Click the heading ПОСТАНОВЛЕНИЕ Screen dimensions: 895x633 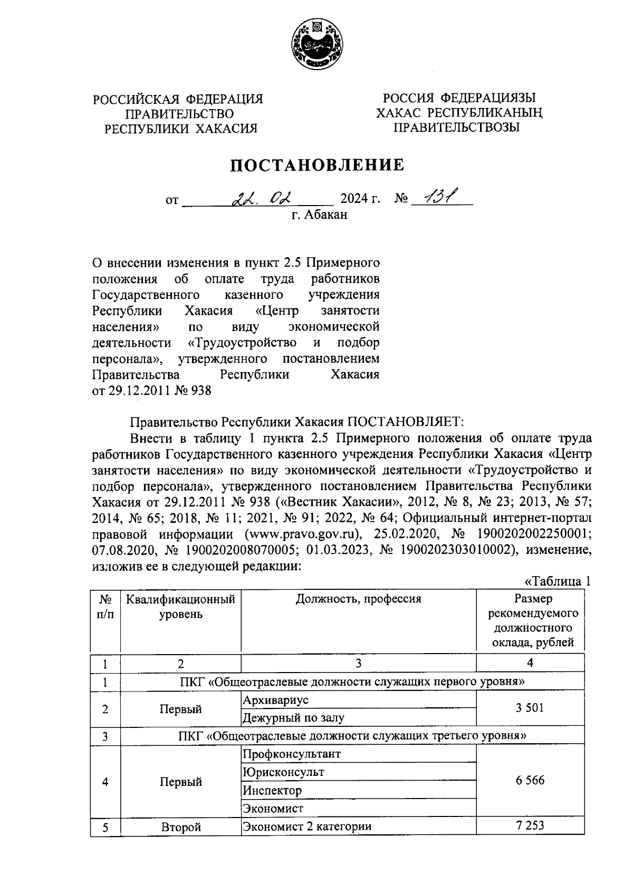(x=316, y=165)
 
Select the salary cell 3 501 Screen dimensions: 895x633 (x=530, y=708)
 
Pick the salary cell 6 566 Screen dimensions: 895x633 (x=530, y=781)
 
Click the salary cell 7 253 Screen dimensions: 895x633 (x=530, y=826)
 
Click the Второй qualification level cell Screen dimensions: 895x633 (x=180, y=827)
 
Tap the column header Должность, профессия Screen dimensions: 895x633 (x=358, y=599)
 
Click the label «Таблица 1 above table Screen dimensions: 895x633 (x=557, y=581)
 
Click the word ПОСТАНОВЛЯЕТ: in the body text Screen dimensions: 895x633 (x=405, y=422)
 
